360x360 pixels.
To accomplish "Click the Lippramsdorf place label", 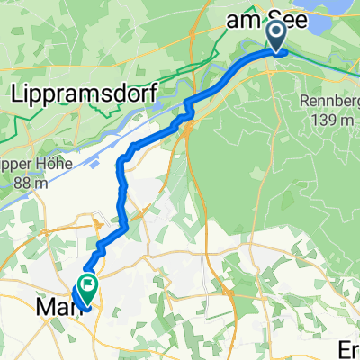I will (x=84, y=92).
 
